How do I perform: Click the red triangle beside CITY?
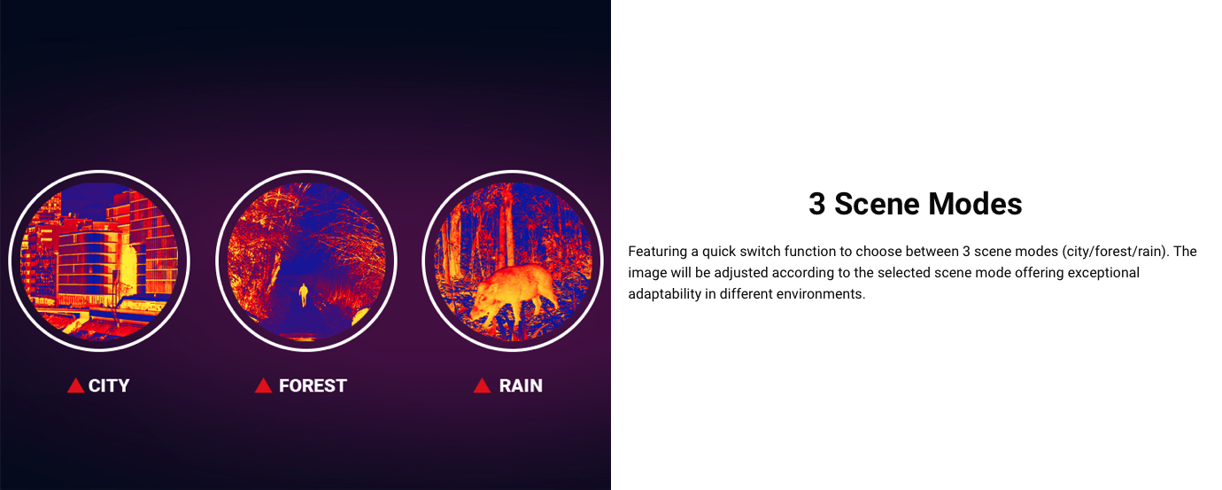pos(75,385)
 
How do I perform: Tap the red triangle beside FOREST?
pos(264,385)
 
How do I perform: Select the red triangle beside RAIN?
pos(483,385)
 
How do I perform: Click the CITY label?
pos(109,385)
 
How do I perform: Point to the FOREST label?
pos(313,385)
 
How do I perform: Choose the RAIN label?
pos(521,385)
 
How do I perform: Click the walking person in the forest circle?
pos(304,295)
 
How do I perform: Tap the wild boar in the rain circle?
pos(515,296)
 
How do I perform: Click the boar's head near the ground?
pos(481,312)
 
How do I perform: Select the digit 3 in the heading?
pos(816,204)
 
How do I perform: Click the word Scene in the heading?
pos(878,204)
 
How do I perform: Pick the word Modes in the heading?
pos(976,204)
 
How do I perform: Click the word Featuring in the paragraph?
pos(657,252)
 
